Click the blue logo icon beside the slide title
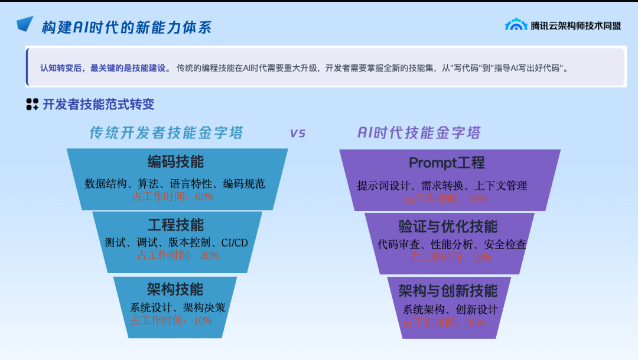coord(25,24)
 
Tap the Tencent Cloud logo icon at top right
coord(516,24)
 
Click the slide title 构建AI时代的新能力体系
coord(126,27)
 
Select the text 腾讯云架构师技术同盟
coord(575,25)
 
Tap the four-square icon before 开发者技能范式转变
coord(32,105)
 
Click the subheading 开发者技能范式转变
coord(98,105)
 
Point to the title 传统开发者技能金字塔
coord(166,132)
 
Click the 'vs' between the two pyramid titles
coord(298,133)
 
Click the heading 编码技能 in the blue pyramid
coord(175,161)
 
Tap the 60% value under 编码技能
coord(204,196)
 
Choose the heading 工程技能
coord(175,225)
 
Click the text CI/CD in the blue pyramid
coord(235,242)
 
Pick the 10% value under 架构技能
coord(203,320)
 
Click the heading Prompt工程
coord(447,163)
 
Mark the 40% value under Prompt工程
coord(477,199)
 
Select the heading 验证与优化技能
coord(448,226)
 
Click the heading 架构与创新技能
coord(448,290)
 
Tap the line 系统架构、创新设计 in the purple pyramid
coord(450,310)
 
